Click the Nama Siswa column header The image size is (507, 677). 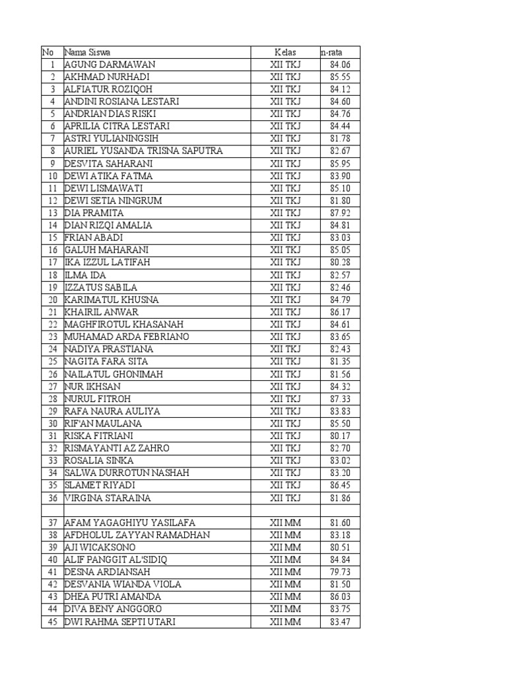[x=87, y=52]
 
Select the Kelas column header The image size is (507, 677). [x=285, y=52]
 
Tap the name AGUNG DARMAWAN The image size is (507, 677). [x=110, y=65]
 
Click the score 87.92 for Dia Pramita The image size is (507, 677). [x=340, y=213]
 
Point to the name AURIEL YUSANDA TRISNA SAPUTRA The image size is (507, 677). [x=143, y=151]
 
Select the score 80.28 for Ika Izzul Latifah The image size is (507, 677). [x=340, y=262]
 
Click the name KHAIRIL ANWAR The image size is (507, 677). [x=101, y=312]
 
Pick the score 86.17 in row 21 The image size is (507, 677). [x=340, y=312]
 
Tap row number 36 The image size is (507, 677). [x=52, y=498]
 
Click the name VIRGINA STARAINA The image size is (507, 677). [x=108, y=498]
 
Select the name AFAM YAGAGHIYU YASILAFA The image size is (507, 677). [x=129, y=522]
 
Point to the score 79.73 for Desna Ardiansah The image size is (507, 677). [x=340, y=572]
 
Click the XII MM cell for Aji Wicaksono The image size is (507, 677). [x=285, y=547]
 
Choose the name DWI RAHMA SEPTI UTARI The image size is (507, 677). [x=120, y=621]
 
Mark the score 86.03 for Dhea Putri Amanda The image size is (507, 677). [x=340, y=597]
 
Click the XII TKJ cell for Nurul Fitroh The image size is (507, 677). [x=285, y=399]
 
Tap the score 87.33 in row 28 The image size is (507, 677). [x=340, y=399]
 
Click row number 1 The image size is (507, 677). [x=52, y=65]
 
